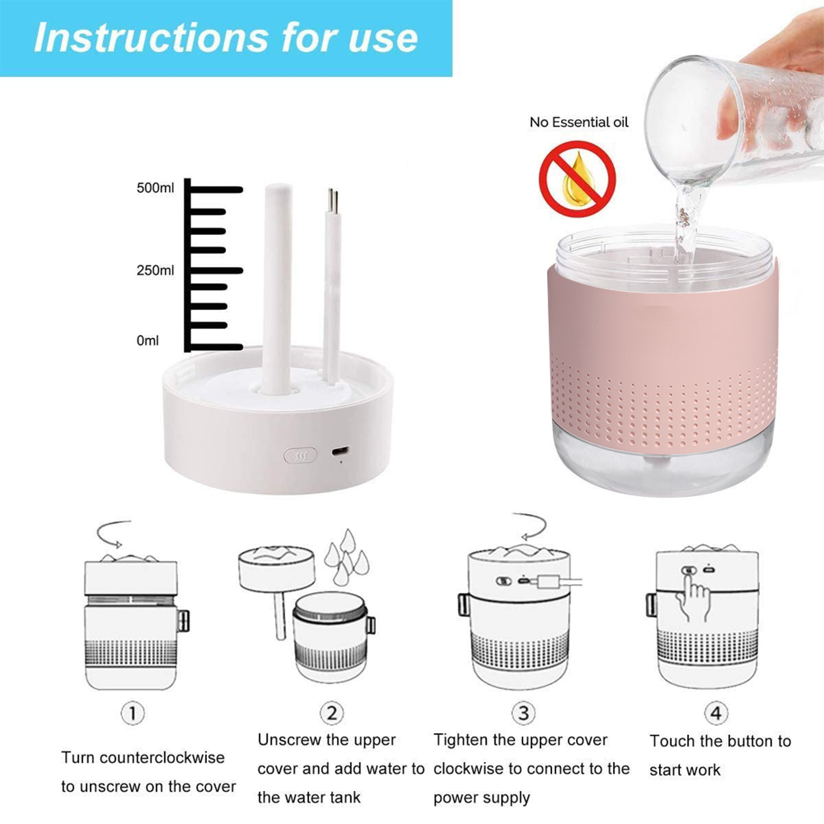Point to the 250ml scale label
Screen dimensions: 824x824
(155, 270)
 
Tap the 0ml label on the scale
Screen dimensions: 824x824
(147, 340)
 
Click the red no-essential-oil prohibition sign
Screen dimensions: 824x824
(578, 179)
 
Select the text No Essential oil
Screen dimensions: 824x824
(579, 122)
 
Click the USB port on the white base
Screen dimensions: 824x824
(341, 450)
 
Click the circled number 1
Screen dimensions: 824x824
(133, 713)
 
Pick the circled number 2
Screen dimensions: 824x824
(332, 713)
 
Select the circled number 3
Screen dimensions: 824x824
(523, 713)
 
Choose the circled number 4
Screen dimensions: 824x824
(716, 713)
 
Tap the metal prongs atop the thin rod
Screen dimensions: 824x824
(333, 201)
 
